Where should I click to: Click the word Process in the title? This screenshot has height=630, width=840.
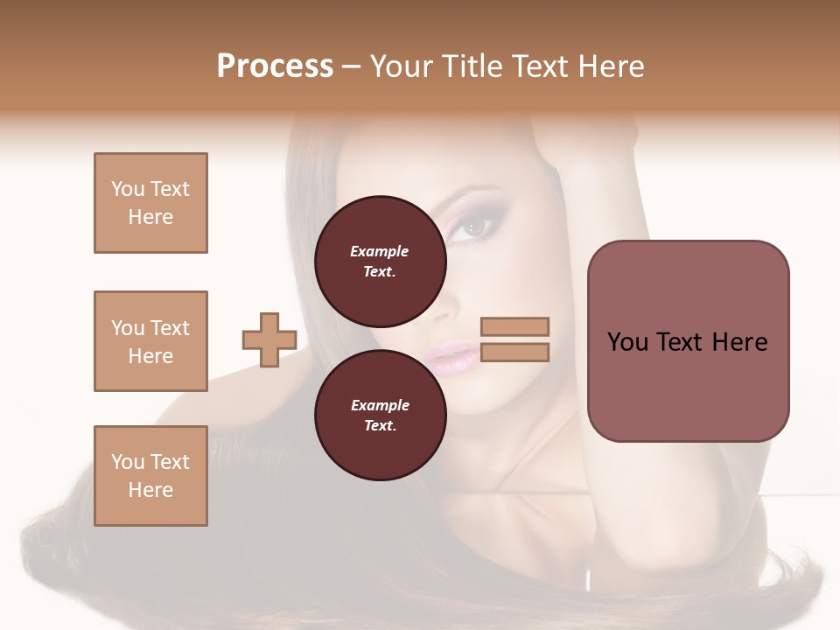[x=275, y=66]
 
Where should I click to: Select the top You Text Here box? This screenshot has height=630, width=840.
[x=150, y=203]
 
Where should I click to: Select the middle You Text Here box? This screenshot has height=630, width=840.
[x=150, y=341]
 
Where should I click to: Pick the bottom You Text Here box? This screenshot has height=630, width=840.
[x=150, y=476]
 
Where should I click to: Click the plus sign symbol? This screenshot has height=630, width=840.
[x=269, y=339]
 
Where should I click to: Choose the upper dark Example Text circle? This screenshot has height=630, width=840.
[x=380, y=261]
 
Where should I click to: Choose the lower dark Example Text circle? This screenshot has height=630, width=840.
[x=380, y=415]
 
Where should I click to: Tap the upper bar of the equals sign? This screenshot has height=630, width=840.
[x=514, y=326]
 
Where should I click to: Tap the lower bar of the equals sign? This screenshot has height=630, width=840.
[x=514, y=352]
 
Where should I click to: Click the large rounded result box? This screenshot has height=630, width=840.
[x=688, y=340]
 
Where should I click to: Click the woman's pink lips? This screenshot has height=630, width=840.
[x=451, y=357]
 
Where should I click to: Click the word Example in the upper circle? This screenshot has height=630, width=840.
[x=380, y=251]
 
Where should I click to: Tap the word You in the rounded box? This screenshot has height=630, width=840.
[x=627, y=342]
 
